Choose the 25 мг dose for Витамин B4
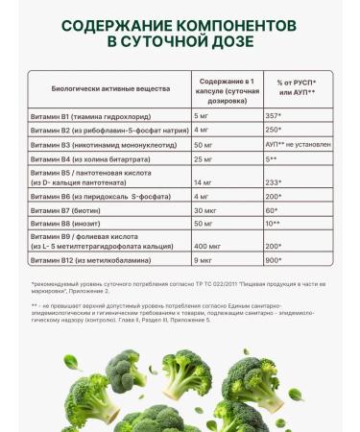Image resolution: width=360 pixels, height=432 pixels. pos(204,158)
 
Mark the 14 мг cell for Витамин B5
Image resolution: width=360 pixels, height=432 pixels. pos(204,181)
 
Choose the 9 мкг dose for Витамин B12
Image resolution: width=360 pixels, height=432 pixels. pos(204,260)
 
